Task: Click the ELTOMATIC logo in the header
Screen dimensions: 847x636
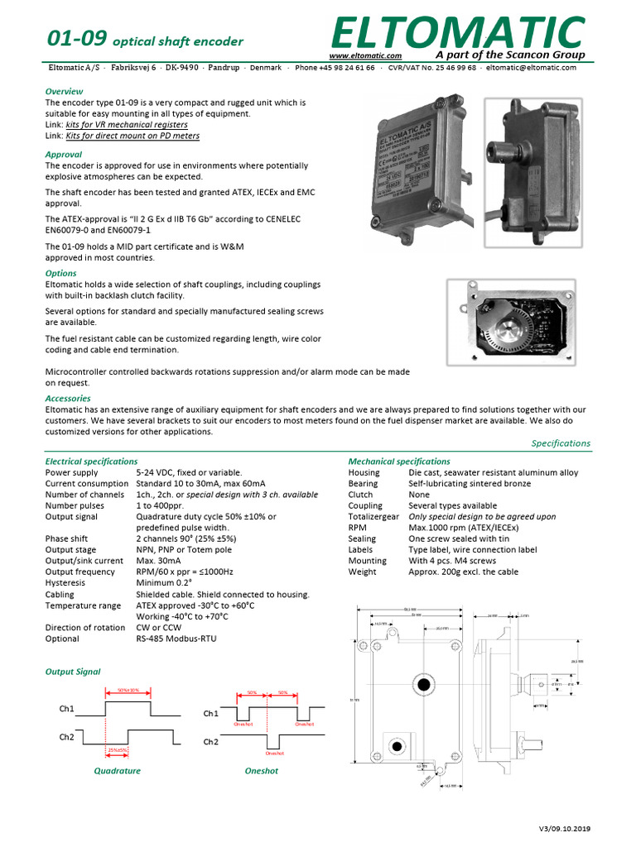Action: pos(456,31)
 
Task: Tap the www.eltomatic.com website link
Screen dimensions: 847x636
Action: pos(365,55)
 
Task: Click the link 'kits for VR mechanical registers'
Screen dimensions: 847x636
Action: pos(126,125)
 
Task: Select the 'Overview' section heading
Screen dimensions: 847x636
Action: pos(64,91)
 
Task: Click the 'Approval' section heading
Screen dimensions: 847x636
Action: pos(63,154)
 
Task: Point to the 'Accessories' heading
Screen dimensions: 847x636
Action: pos(68,399)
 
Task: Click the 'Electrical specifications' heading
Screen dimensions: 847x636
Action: pos(91,461)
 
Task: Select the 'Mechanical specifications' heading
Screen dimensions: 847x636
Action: pos(399,461)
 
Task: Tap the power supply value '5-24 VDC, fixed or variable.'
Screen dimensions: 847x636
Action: pos(189,472)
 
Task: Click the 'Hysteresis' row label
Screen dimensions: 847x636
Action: pos(66,583)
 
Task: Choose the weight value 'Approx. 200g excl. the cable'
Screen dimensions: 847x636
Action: pos(464,572)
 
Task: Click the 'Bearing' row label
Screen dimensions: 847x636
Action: pos(363,483)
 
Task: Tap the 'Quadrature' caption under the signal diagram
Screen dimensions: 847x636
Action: pos(117,771)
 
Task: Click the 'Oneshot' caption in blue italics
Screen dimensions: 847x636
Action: pos(262,771)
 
